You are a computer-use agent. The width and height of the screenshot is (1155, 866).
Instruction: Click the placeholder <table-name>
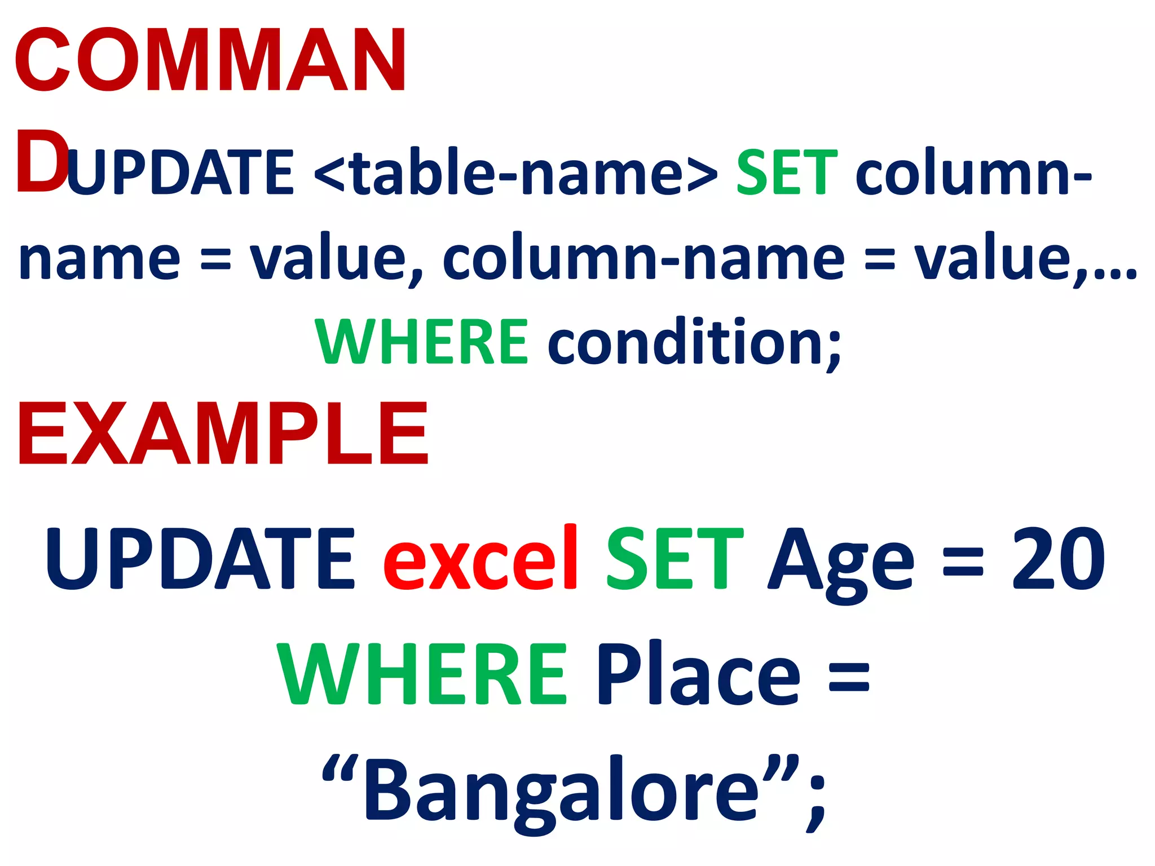click(515, 172)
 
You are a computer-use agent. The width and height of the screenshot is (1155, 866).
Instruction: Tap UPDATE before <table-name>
click(180, 172)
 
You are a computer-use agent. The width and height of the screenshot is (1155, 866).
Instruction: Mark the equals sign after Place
click(849, 677)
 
